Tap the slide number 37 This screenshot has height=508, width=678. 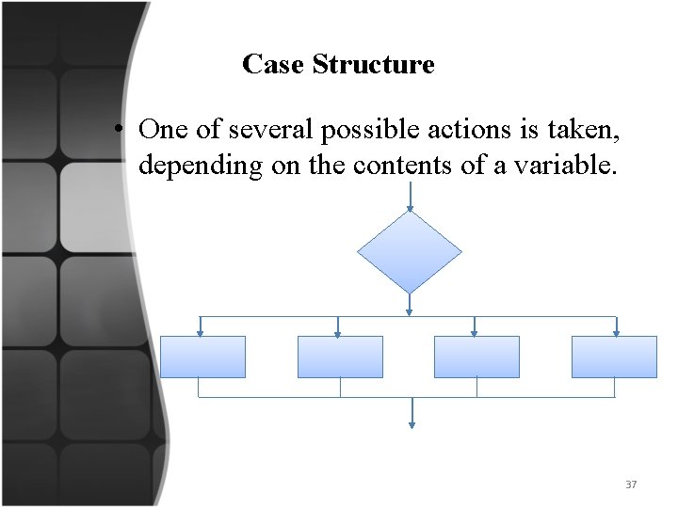pos(631,484)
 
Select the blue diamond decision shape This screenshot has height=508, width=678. pos(410,251)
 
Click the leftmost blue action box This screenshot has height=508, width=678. pos(202,357)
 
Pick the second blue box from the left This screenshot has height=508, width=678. pos(340,357)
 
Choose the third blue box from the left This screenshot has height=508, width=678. pos(476,357)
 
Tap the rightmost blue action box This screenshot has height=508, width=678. pos(614,357)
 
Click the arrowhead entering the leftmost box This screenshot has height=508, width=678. pos(201,331)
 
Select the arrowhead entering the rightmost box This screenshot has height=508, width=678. pos(616,331)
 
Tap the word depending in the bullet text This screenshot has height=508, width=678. pos(188,167)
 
